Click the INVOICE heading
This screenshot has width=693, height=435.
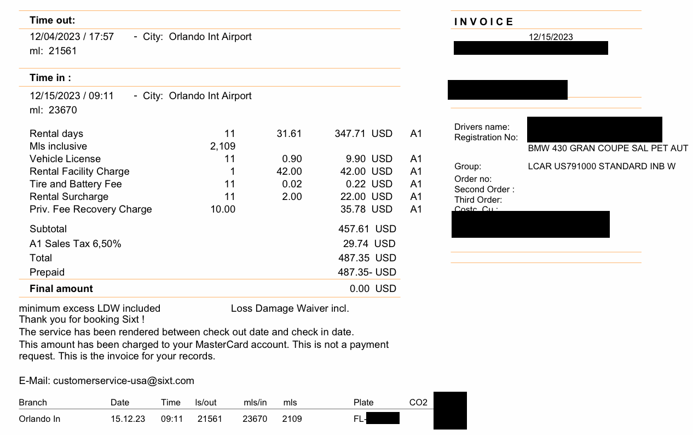484,22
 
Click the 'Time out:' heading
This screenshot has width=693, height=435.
53,21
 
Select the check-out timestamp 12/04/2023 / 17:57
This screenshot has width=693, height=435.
72,37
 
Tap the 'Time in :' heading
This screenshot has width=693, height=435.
50,78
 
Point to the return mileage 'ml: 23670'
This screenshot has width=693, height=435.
53,110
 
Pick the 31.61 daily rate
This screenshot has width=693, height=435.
289,134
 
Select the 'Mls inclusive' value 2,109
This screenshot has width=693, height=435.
222,146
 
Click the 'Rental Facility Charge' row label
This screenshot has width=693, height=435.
79,171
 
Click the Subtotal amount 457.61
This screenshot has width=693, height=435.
354,229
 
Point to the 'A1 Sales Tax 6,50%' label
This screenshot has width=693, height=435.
76,244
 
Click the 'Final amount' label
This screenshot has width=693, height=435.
61,289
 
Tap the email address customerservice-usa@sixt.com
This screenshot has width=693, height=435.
124,381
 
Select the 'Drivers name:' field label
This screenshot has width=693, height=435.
482,127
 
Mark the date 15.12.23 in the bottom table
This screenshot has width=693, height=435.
128,419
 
